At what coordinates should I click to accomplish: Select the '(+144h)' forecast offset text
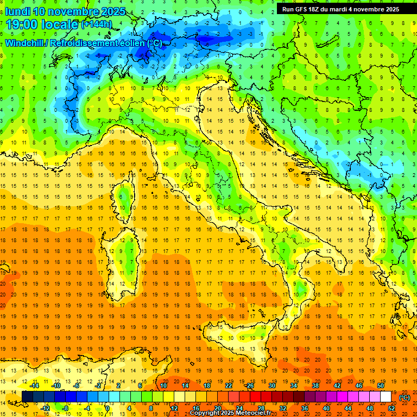click(x=97, y=24)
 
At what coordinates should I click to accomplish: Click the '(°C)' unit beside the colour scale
click(x=405, y=397)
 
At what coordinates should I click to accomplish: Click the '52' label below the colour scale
click(x=391, y=408)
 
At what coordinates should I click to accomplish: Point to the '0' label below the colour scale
click(x=108, y=408)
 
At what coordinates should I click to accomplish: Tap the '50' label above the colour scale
click(x=380, y=386)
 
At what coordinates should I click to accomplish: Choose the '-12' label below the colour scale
click(x=46, y=408)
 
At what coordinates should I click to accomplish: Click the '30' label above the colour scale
click(x=271, y=386)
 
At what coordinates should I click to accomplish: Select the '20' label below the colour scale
click(x=217, y=408)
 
